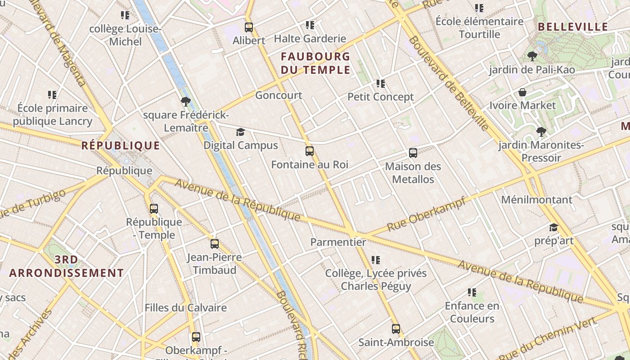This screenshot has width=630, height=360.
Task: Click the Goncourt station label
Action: (x=279, y=95)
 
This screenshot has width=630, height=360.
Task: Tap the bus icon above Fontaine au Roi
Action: (x=309, y=151)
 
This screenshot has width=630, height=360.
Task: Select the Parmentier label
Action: (x=338, y=242)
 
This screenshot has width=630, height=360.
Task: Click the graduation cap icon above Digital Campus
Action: (x=241, y=132)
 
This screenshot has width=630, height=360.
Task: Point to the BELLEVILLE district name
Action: (x=573, y=27)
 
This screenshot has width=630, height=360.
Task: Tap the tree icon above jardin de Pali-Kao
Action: (x=532, y=56)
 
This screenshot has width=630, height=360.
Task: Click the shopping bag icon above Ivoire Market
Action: (x=522, y=92)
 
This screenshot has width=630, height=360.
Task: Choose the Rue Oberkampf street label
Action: (x=426, y=214)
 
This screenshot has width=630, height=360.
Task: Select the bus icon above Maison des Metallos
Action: (x=413, y=153)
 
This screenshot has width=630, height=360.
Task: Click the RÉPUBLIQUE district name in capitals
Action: (x=121, y=145)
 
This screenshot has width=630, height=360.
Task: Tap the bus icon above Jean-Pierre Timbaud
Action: (x=215, y=244)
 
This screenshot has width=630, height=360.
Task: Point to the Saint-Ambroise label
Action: (x=396, y=342)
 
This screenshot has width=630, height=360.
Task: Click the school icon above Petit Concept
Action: (x=381, y=84)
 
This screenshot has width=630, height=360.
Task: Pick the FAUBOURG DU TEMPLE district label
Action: (x=315, y=63)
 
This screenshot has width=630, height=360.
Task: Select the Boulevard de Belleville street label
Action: (x=449, y=84)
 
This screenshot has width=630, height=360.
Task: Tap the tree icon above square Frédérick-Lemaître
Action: (x=185, y=102)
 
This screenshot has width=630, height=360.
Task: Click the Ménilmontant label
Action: (x=536, y=199)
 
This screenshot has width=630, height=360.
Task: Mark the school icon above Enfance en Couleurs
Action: (x=472, y=292)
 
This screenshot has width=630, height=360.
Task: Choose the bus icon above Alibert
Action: (x=249, y=27)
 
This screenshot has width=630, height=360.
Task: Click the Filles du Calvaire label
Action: (x=185, y=308)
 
